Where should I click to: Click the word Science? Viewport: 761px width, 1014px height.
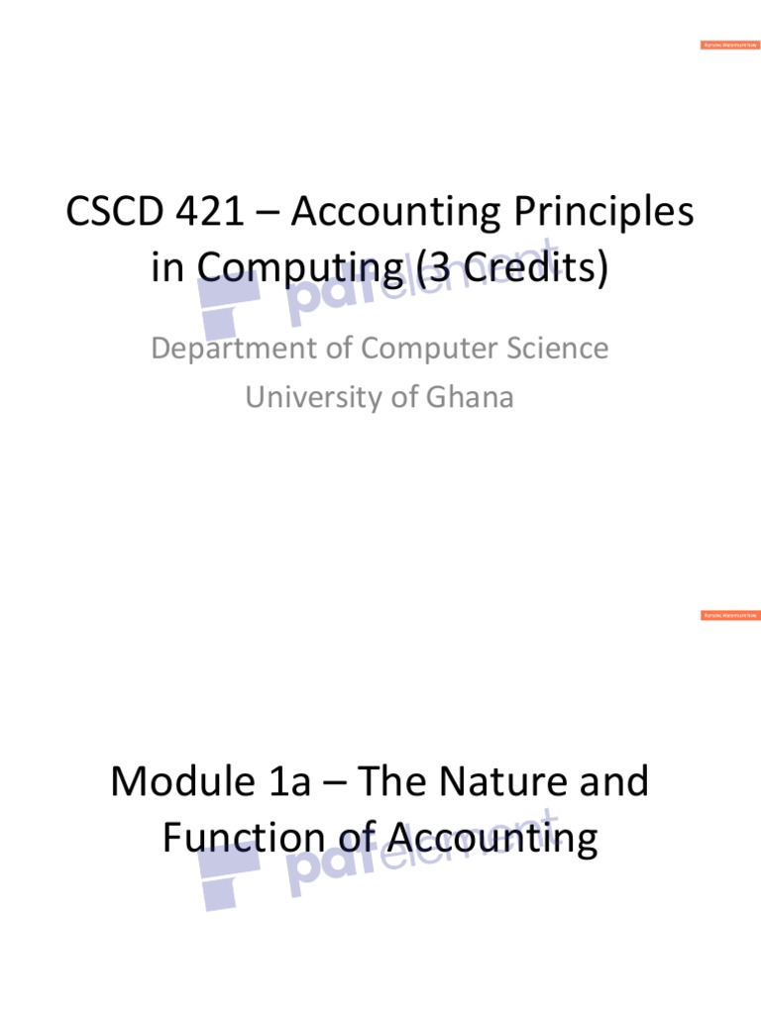(554, 349)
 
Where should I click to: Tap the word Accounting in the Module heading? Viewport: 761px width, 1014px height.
(492, 839)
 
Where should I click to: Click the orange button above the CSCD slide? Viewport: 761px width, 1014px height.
(730, 46)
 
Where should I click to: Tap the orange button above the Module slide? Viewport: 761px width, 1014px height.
(730, 615)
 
